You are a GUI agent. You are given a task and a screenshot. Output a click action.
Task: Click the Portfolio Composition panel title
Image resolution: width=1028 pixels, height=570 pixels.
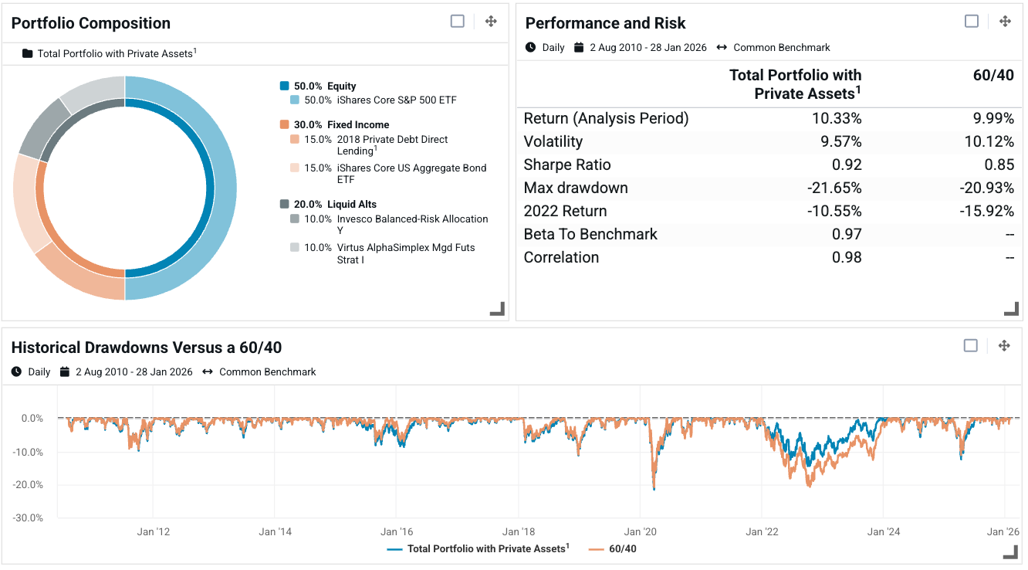91,23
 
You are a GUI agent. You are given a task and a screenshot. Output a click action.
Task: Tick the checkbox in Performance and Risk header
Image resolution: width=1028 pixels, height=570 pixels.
972,22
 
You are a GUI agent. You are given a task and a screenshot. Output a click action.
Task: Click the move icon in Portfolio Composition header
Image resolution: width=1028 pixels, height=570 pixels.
491,22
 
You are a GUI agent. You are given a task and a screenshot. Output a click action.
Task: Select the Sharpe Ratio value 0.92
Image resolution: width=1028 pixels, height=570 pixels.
847,165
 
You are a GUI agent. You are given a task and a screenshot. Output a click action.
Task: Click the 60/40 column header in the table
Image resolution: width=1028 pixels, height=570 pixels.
995,75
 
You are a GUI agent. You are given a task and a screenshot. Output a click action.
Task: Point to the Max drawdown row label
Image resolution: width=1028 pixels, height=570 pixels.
576,188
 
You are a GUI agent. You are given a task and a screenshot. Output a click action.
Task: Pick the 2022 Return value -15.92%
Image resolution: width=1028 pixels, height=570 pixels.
988,211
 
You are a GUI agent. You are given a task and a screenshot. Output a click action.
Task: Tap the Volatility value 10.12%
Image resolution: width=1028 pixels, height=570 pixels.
990,141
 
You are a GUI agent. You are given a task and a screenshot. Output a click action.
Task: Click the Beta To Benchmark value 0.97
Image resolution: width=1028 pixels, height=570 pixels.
847,234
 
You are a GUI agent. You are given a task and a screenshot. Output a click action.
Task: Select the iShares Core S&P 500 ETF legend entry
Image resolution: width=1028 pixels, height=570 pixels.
391,100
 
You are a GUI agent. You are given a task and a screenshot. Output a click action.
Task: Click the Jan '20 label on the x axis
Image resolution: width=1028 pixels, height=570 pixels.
641,531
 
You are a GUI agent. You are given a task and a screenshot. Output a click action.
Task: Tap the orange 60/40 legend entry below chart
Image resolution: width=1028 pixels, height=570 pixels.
613,549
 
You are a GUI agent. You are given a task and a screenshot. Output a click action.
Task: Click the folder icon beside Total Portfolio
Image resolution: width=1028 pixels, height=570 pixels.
28,54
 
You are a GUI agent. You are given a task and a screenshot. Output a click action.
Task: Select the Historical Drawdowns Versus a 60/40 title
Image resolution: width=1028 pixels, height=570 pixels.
147,348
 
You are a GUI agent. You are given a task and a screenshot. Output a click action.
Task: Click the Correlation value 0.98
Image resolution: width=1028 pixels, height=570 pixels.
847,257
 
